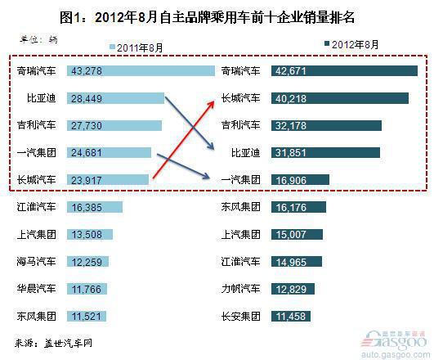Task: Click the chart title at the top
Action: tap(207, 17)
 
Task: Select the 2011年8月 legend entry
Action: tap(136, 47)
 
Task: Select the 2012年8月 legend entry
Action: tap(351, 44)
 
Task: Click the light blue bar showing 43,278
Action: tap(141, 70)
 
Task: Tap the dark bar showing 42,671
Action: tap(344, 70)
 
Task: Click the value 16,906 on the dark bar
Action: tap(291, 181)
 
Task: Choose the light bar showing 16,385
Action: tap(95, 207)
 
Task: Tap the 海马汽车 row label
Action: tap(36, 261)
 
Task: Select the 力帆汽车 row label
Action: tap(240, 289)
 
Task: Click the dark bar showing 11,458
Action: tap(291, 316)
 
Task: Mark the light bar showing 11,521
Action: tap(87, 316)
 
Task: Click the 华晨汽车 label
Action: tap(36, 289)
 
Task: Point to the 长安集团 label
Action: tap(240, 316)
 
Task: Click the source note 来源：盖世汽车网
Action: tap(53, 344)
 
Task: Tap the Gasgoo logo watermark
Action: tap(395, 343)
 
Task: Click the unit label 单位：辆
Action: tap(38, 39)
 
